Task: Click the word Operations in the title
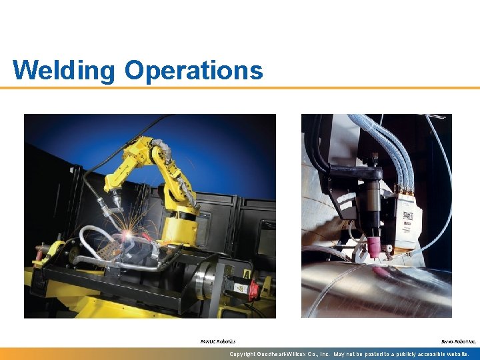tap(193, 70)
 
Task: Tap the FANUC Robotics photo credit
tap(217, 341)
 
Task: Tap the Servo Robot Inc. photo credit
tap(459, 341)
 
